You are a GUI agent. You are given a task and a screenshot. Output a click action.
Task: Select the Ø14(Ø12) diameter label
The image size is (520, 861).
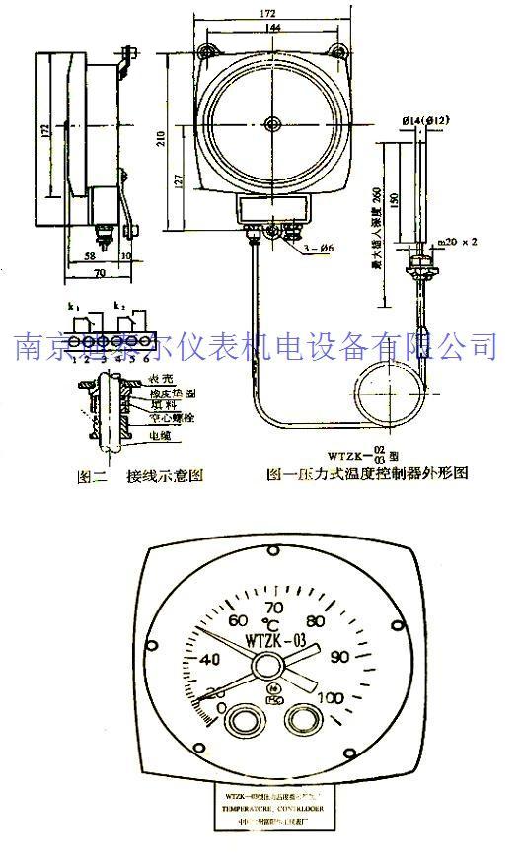tap(425, 119)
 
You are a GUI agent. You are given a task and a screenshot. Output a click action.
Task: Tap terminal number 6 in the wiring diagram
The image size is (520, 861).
tap(146, 357)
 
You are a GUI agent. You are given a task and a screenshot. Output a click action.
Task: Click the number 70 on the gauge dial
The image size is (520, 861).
tap(274, 608)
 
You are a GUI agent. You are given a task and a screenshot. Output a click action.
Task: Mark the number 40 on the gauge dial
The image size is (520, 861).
tap(211, 660)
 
